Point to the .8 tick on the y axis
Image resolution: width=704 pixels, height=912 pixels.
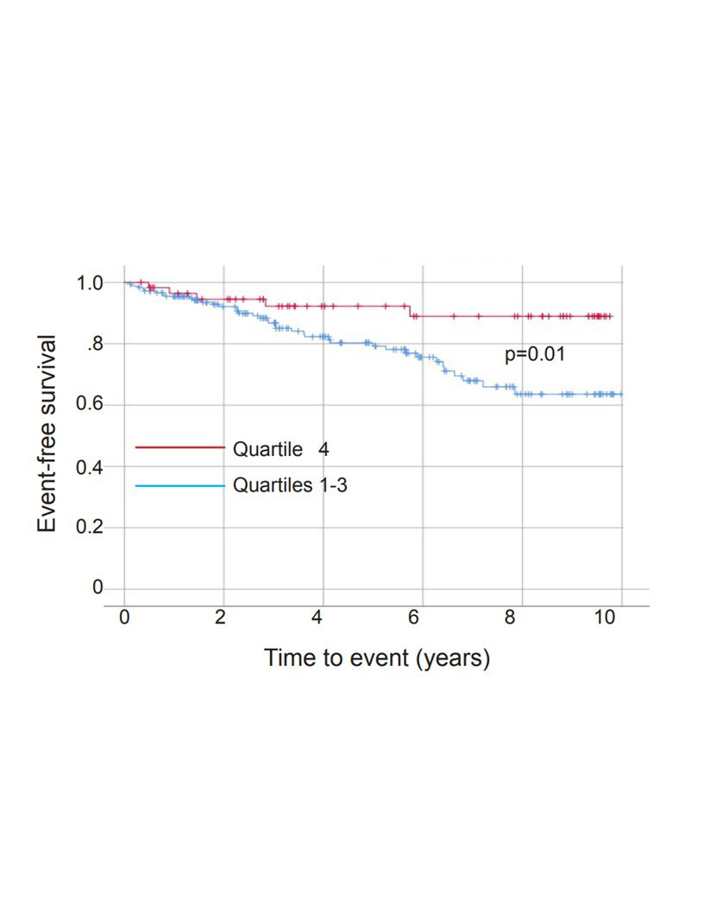point(94,345)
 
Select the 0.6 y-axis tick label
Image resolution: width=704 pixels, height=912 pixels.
point(90,405)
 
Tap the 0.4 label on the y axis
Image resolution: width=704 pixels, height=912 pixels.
point(90,466)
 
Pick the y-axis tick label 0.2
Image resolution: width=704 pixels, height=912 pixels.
point(90,528)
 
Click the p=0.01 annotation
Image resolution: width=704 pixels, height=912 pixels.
point(535,353)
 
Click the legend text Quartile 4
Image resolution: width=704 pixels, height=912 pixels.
point(280,448)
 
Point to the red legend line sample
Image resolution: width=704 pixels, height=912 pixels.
point(179,447)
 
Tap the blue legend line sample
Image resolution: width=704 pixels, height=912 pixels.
point(179,486)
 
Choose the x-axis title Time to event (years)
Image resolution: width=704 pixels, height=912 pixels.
point(377,658)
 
